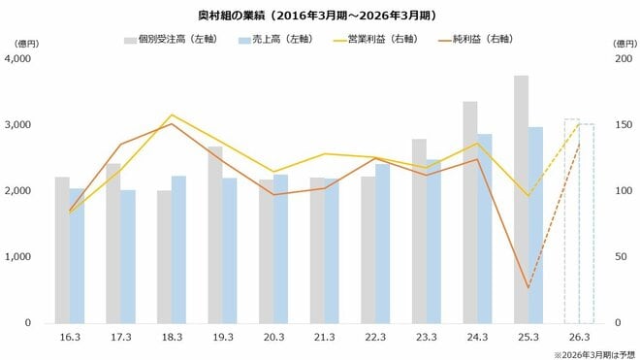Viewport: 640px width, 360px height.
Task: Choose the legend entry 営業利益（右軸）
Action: [382, 41]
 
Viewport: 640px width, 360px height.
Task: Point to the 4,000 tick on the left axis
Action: [19, 59]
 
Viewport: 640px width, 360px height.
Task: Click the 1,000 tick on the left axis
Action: [19, 257]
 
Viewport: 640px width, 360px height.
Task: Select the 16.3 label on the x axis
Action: [69, 338]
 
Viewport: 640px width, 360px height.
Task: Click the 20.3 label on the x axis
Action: [273, 338]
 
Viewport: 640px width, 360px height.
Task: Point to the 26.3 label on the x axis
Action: [579, 338]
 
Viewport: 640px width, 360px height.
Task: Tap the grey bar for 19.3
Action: [215, 234]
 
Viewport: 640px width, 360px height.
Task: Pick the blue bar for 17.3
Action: [128, 256]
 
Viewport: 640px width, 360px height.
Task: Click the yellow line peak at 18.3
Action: [172, 115]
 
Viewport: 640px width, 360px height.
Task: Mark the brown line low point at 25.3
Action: [528, 287]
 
